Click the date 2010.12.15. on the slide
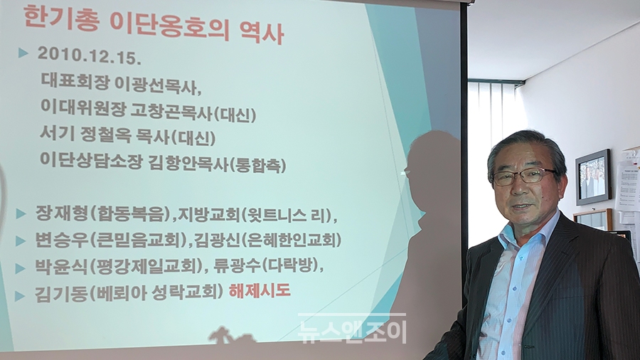click(x=90, y=56)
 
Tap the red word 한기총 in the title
click(x=61, y=18)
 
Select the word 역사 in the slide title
click(x=262, y=33)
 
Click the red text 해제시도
click(x=260, y=291)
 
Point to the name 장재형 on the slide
click(x=62, y=213)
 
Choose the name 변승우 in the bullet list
click(x=62, y=240)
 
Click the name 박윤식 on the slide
click(x=62, y=267)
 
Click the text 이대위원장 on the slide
click(x=83, y=107)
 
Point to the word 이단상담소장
click(x=92, y=159)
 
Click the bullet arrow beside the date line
click(x=23, y=53)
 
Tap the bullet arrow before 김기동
click(x=20, y=296)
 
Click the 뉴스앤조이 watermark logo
click(x=352, y=330)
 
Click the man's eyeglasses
click(x=524, y=176)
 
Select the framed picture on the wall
click(x=593, y=177)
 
